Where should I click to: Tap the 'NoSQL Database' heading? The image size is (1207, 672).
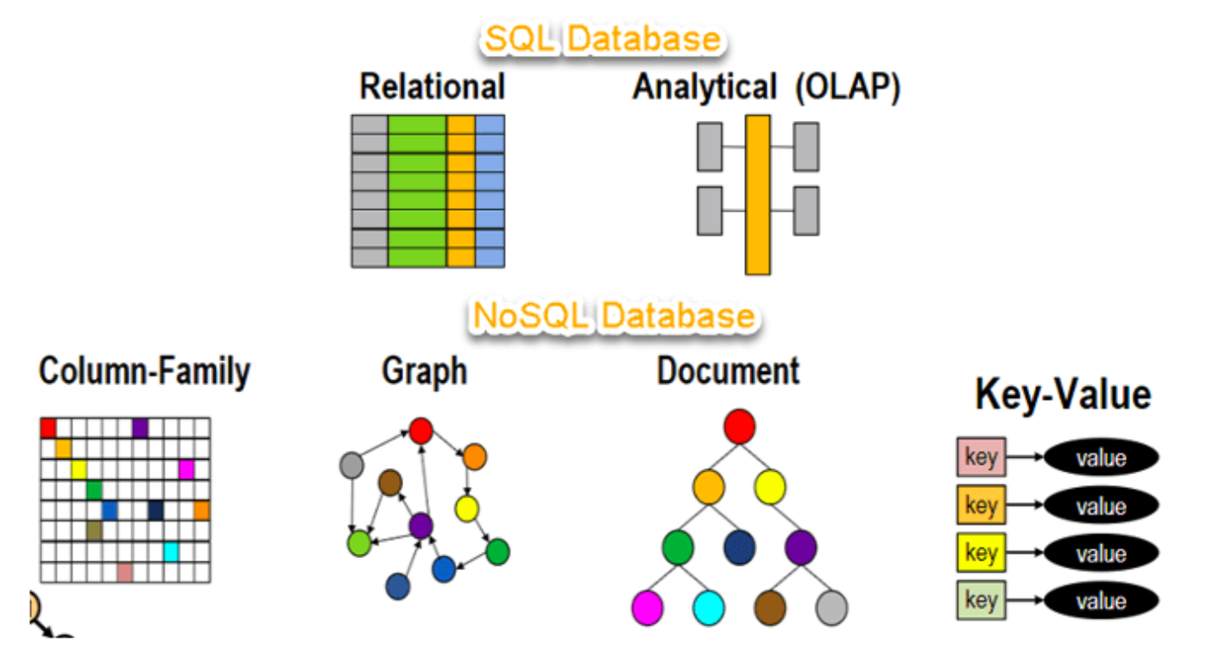coord(613,316)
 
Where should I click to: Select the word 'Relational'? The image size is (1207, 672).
coord(432,87)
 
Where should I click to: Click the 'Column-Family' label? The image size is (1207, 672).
coord(144,371)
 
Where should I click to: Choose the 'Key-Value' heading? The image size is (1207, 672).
coord(1063,395)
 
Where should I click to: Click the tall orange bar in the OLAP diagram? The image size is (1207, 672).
coord(757,194)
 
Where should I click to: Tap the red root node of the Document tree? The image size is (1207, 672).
coord(739,427)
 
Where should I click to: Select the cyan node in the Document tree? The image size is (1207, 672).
coord(709,606)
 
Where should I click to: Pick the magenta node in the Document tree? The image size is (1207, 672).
coord(647,606)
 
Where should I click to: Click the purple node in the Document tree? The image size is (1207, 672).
coord(800,547)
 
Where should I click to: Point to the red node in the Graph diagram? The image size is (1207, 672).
coord(420,429)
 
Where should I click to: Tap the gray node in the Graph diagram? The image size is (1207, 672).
coord(351,465)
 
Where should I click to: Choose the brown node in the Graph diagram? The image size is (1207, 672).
coord(390,483)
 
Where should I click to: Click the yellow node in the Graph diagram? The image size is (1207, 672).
coord(467,509)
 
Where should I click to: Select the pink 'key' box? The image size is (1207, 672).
coord(981,458)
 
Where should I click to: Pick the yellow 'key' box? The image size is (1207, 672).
coord(981,553)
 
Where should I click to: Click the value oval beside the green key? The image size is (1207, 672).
coord(1101,600)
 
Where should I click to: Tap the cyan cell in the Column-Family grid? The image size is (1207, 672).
coord(171,551)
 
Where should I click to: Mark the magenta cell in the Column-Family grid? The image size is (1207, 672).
coord(186,469)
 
